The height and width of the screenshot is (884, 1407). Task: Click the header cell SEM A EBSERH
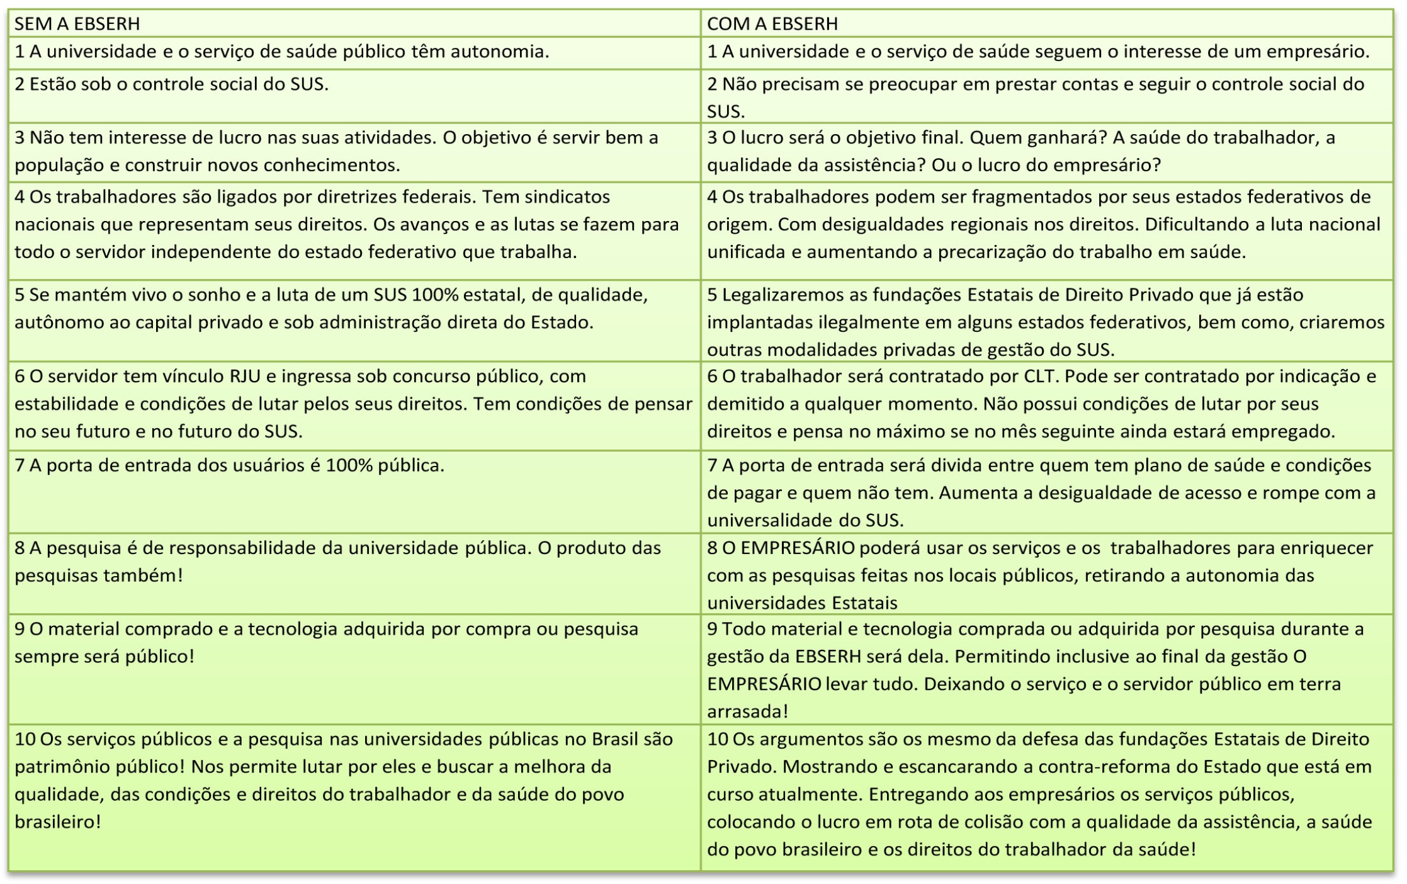point(77,24)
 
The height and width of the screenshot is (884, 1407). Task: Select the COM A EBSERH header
point(772,24)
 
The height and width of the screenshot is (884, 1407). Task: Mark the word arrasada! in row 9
point(747,712)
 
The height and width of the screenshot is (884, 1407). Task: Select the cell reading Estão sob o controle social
point(171,84)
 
